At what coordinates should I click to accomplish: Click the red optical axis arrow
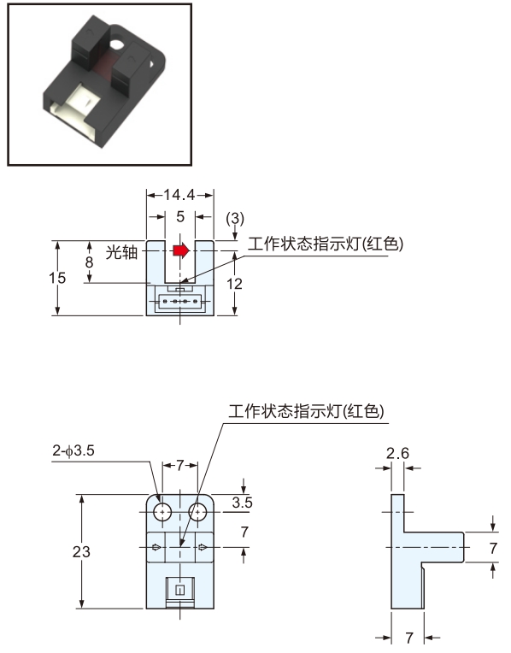click(x=181, y=250)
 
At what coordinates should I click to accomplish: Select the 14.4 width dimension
click(x=179, y=195)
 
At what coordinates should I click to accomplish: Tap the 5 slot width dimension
click(x=180, y=216)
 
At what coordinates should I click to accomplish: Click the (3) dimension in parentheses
click(x=235, y=218)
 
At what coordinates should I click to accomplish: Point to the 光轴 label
click(x=121, y=252)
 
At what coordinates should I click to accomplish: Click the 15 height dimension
click(x=57, y=278)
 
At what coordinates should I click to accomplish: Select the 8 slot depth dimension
click(x=89, y=262)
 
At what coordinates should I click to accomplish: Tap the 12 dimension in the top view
click(x=234, y=284)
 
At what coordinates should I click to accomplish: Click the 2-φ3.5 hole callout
click(x=73, y=450)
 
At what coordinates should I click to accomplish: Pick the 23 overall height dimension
click(x=81, y=552)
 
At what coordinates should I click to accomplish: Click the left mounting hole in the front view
click(x=162, y=512)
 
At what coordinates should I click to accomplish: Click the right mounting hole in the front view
click(x=197, y=512)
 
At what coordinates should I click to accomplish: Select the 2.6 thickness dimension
click(x=397, y=453)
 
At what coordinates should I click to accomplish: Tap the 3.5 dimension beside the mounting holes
click(x=243, y=503)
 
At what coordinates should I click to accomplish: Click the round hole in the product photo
click(x=116, y=44)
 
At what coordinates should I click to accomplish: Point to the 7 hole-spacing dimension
click(x=180, y=465)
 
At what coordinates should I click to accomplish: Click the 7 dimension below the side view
click(x=409, y=638)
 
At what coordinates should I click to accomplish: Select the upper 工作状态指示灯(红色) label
click(x=326, y=244)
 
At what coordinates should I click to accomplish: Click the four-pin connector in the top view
click(x=179, y=301)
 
